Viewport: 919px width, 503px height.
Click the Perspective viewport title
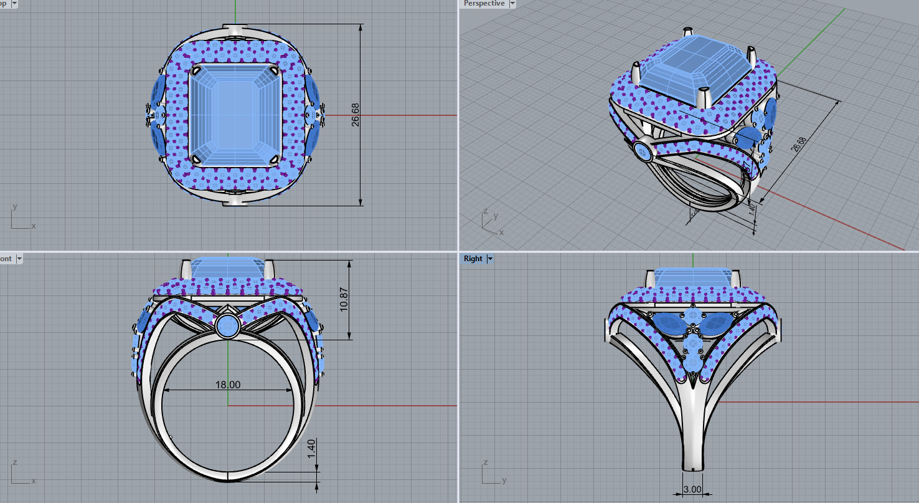(x=484, y=4)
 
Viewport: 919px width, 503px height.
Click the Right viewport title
(x=473, y=259)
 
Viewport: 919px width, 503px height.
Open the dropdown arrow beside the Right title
(x=490, y=259)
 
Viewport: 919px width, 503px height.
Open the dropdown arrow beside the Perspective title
(x=512, y=4)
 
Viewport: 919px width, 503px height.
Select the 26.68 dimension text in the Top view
(x=356, y=115)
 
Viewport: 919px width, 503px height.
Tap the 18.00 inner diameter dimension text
(x=228, y=385)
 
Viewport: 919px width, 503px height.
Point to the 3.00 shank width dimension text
(x=692, y=489)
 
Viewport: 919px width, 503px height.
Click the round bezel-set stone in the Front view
(x=227, y=326)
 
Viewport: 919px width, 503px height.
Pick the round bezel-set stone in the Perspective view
(x=642, y=150)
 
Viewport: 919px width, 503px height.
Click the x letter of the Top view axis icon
(x=34, y=226)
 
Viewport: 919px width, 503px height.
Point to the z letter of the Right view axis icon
(x=485, y=462)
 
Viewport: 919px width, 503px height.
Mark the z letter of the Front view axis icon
(x=14, y=462)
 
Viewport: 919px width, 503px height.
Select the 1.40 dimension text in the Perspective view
(x=752, y=210)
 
